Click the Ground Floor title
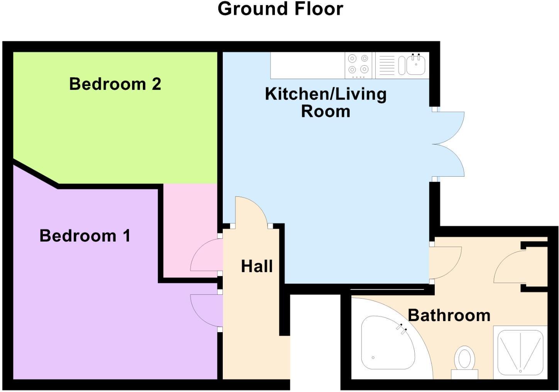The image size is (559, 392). click(280, 9)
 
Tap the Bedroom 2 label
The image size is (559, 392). click(115, 84)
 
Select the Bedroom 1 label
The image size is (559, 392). click(85, 236)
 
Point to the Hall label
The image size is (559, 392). click(257, 266)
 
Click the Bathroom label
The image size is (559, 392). click(449, 315)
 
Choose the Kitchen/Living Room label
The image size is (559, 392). click(326, 102)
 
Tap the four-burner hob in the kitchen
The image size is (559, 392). click(358, 65)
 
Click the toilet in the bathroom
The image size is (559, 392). click(464, 362)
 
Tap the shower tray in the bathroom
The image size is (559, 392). click(520, 352)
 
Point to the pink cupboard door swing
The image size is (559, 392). click(207, 255)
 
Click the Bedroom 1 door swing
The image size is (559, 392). click(207, 311)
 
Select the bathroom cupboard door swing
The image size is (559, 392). click(510, 267)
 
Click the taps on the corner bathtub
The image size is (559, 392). click(401, 329)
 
